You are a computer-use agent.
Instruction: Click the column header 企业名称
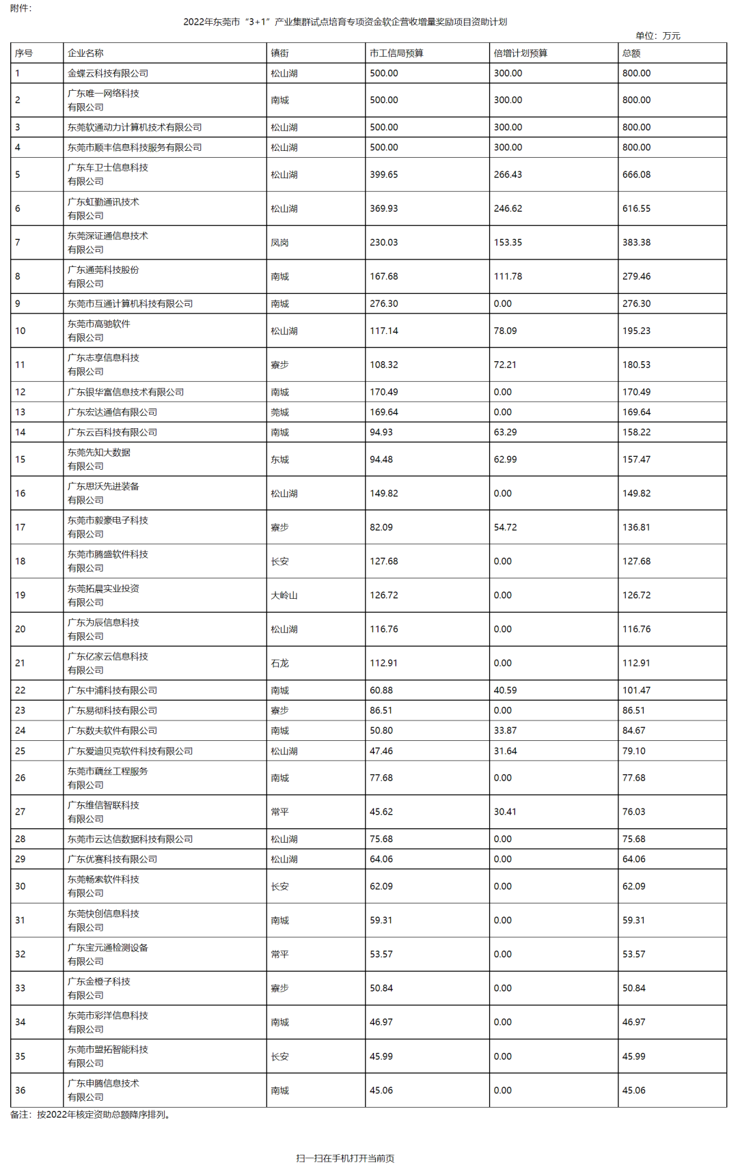pyautogui.click(x=85, y=53)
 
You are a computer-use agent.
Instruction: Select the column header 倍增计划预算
pyautogui.click(x=520, y=53)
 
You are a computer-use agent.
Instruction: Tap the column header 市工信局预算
pyautogui.click(x=396, y=53)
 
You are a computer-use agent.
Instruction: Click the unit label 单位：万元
pyautogui.click(x=657, y=36)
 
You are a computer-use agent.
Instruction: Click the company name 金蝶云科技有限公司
pyautogui.click(x=108, y=73)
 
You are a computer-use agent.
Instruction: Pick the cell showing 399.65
pyautogui.click(x=383, y=175)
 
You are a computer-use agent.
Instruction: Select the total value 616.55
pyautogui.click(x=636, y=209)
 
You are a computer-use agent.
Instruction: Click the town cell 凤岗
pyautogui.click(x=279, y=242)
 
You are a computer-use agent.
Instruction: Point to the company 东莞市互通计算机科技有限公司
pyautogui.click(x=130, y=304)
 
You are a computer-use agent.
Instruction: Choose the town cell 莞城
pyautogui.click(x=279, y=412)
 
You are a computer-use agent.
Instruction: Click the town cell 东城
pyautogui.click(x=279, y=460)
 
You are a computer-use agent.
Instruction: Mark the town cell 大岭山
pyautogui.click(x=284, y=595)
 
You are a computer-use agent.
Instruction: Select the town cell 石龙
pyautogui.click(x=279, y=663)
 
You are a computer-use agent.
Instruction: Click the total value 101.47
pyautogui.click(x=636, y=690)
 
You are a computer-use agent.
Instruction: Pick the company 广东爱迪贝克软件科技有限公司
pyautogui.click(x=130, y=751)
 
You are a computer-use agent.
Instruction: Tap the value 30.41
pyautogui.click(x=505, y=812)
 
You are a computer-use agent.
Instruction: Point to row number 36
pyautogui.click(x=20, y=1091)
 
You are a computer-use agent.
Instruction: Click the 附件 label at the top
pyautogui.click(x=21, y=8)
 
